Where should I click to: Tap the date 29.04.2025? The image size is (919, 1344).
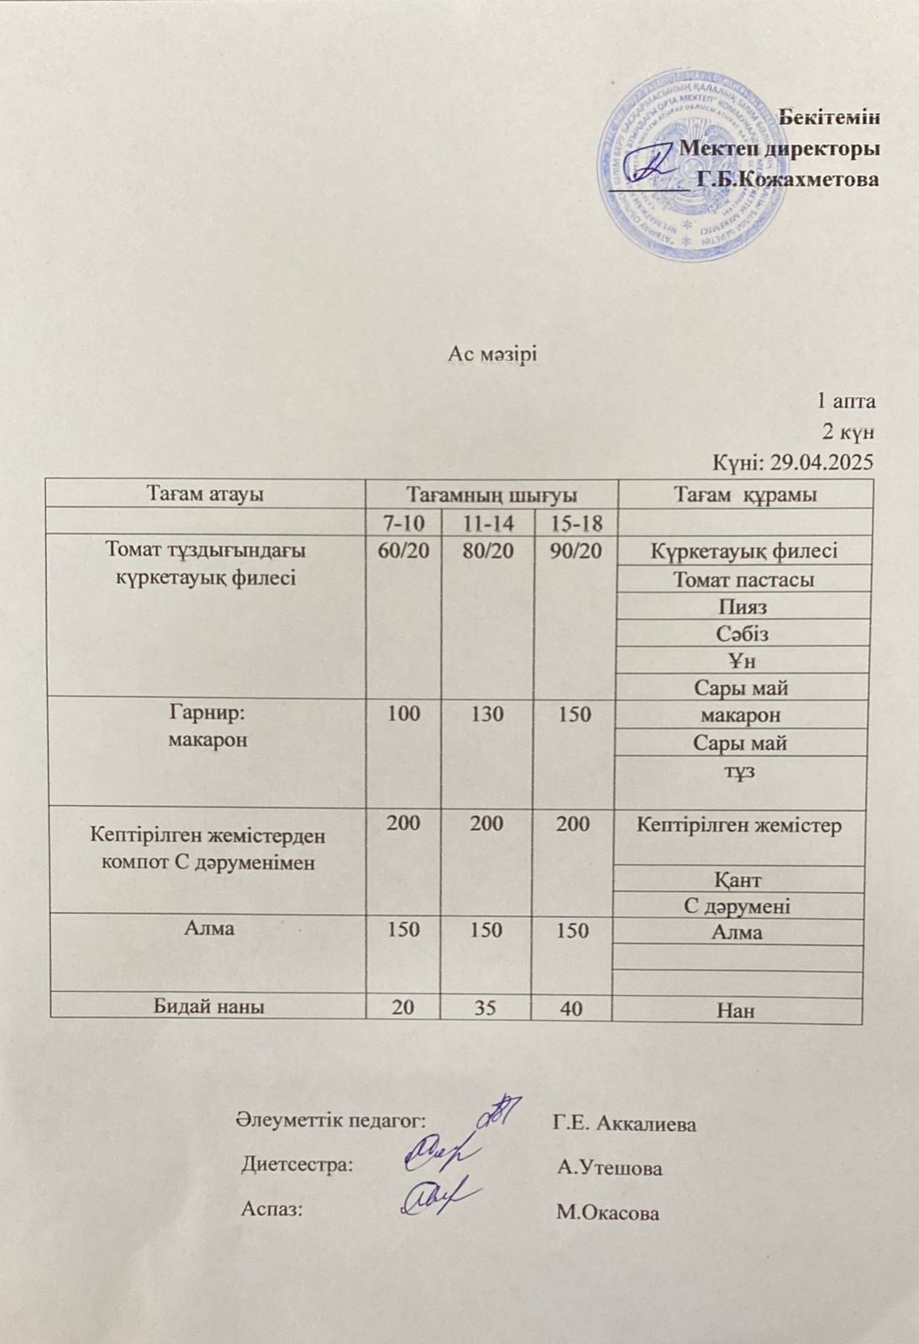tap(827, 462)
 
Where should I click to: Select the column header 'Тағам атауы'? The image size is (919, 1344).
tap(206, 494)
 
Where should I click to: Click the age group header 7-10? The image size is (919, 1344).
tap(404, 523)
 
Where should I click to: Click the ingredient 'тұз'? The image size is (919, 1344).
tap(741, 770)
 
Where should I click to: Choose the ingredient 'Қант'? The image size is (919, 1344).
tap(738, 879)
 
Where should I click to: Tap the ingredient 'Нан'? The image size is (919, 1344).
tap(737, 1011)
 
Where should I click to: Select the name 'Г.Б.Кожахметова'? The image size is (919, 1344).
tap(788, 179)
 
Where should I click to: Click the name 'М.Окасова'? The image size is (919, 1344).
tap(607, 1213)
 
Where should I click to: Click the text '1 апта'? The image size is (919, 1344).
tap(846, 401)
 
